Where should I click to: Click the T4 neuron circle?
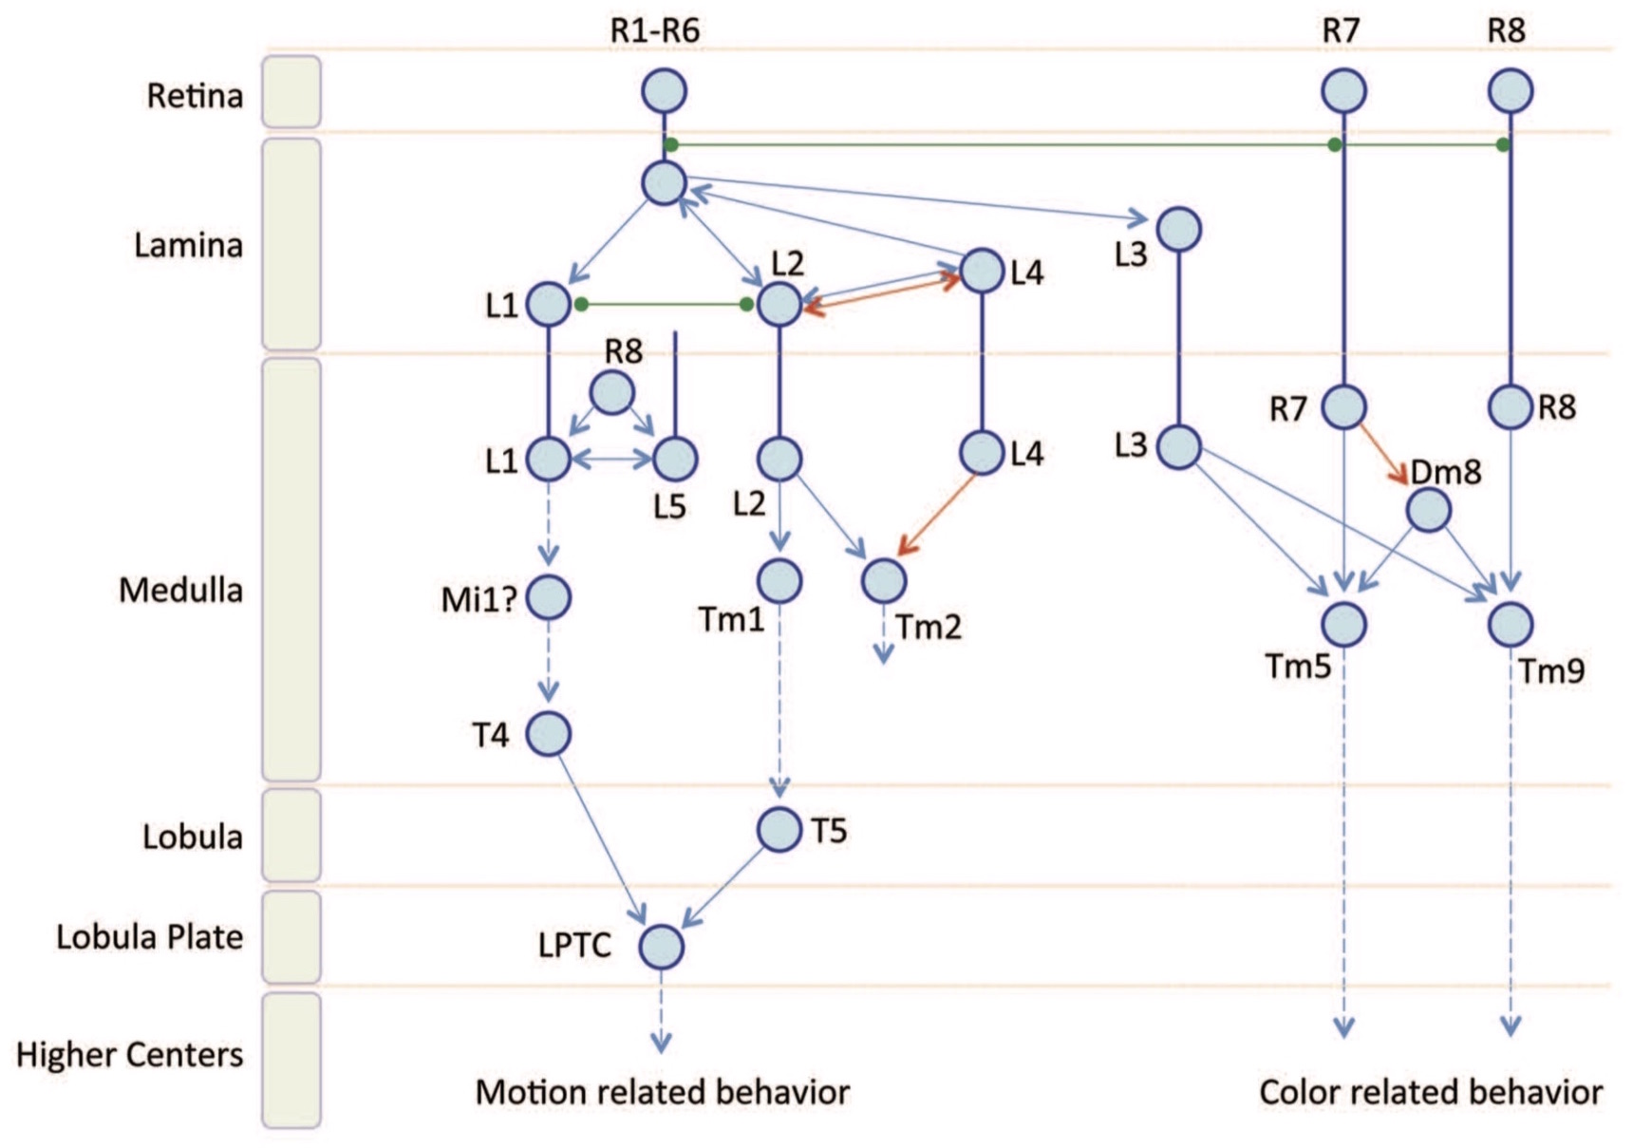[549, 734]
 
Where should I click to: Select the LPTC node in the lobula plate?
[661, 947]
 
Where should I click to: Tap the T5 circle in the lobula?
[779, 830]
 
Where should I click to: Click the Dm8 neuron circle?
[1428, 511]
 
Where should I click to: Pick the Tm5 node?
[1343, 624]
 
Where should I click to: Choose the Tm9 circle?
[1510, 624]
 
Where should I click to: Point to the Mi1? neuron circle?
[549, 597]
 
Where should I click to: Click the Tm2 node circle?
[884, 580]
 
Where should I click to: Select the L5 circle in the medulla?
[675, 460]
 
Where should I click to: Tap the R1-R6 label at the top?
[654, 31]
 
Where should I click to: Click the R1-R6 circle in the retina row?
[664, 91]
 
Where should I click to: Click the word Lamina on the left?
[188, 246]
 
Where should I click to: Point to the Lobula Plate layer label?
[149, 937]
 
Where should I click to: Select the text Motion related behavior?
[662, 1092]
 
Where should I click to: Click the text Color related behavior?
[1431, 1092]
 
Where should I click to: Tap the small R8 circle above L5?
[612, 392]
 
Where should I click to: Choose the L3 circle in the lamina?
[1178, 229]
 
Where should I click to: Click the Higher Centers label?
[129, 1055]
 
